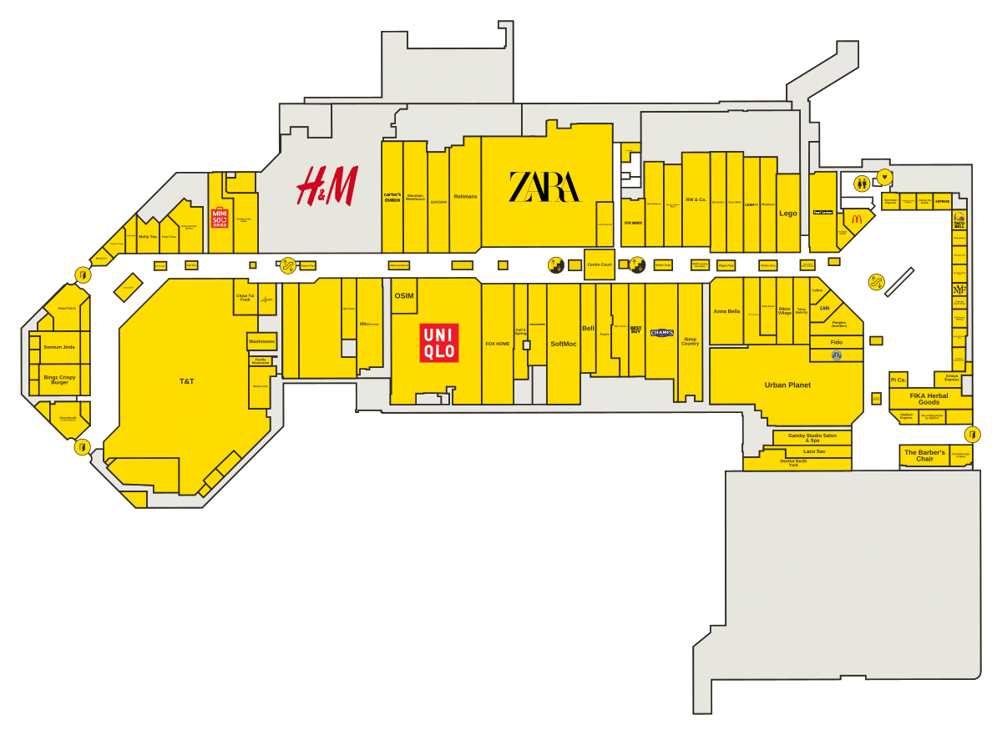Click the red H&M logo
pos(327,185)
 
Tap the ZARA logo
pos(544,187)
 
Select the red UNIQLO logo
pos(439,343)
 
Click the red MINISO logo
pos(220,219)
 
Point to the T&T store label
pos(186,381)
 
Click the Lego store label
pos(788,214)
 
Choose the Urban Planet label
pos(787,385)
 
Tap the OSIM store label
pos(404,296)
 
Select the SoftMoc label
pos(564,344)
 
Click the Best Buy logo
pos(636,330)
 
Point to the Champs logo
pos(662,333)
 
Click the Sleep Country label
pos(690,341)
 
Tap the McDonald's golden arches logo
pos(857,219)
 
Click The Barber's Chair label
pos(924,456)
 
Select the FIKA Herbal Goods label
pos(929,399)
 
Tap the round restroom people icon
pos(862,183)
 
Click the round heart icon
pos(885,177)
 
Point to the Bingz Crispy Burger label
pos(59,380)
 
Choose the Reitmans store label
pos(465,197)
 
